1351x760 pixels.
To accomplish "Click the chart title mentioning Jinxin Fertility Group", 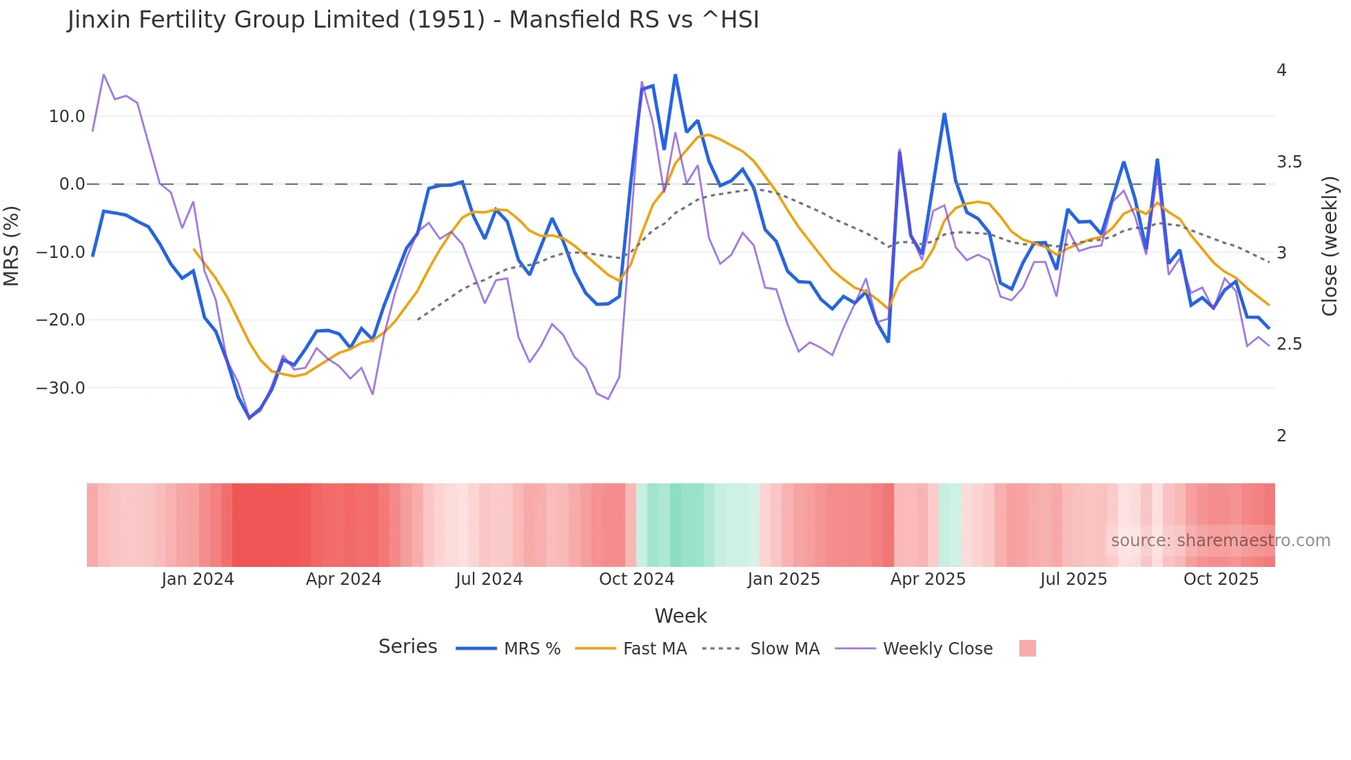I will pyautogui.click(x=413, y=20).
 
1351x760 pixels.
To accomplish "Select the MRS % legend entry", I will pyautogui.click(x=531, y=649).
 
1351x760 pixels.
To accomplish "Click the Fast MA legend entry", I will pyautogui.click(x=654, y=649).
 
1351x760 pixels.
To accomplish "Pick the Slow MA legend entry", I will pyautogui.click(x=784, y=649).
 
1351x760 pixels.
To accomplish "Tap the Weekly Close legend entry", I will pyautogui.click(x=937, y=649).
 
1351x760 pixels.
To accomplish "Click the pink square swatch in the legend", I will pyautogui.click(x=1027, y=648).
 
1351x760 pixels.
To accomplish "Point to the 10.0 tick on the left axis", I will pyautogui.click(x=67, y=117).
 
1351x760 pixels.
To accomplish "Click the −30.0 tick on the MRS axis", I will pyautogui.click(x=61, y=388).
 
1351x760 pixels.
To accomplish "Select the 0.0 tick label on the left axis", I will pyautogui.click(x=72, y=184).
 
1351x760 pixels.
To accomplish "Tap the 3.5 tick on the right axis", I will pyautogui.click(x=1289, y=162).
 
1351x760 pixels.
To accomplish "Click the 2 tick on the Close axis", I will pyautogui.click(x=1281, y=436).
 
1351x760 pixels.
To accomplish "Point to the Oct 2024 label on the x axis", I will pyautogui.click(x=636, y=579).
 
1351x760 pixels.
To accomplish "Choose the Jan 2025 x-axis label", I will pyautogui.click(x=784, y=579).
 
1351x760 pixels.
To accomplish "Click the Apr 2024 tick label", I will pyautogui.click(x=343, y=579).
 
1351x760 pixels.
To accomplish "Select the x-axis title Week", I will pyautogui.click(x=680, y=616).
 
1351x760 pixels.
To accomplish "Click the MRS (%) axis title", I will pyautogui.click(x=12, y=246).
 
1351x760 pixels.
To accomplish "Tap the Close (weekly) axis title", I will pyautogui.click(x=1330, y=246).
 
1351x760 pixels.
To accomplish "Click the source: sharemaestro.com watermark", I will pyautogui.click(x=1220, y=541).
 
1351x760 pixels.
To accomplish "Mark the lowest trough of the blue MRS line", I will pyautogui.click(x=250, y=418).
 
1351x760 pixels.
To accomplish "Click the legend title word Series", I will pyautogui.click(x=407, y=647).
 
